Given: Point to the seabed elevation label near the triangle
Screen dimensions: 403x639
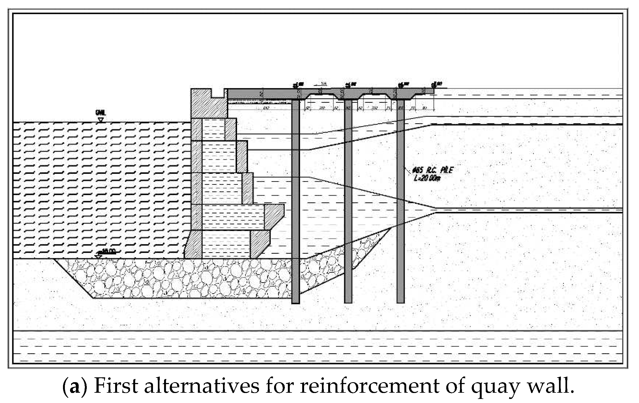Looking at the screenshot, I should click(108, 251).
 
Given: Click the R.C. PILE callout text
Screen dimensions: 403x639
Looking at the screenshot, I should click(432, 170).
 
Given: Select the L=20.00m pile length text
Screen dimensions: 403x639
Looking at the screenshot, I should click(427, 179).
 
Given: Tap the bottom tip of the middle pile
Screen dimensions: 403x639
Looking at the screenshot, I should click(348, 302).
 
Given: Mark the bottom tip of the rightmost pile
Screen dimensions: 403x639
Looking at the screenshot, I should click(401, 302).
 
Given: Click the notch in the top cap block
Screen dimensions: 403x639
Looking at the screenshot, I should click(218, 94).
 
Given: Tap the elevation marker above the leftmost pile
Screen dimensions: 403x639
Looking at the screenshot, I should click(296, 85).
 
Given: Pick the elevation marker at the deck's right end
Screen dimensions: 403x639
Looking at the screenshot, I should click(434, 85).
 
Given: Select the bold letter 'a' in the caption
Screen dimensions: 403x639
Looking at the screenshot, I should click(73, 387).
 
